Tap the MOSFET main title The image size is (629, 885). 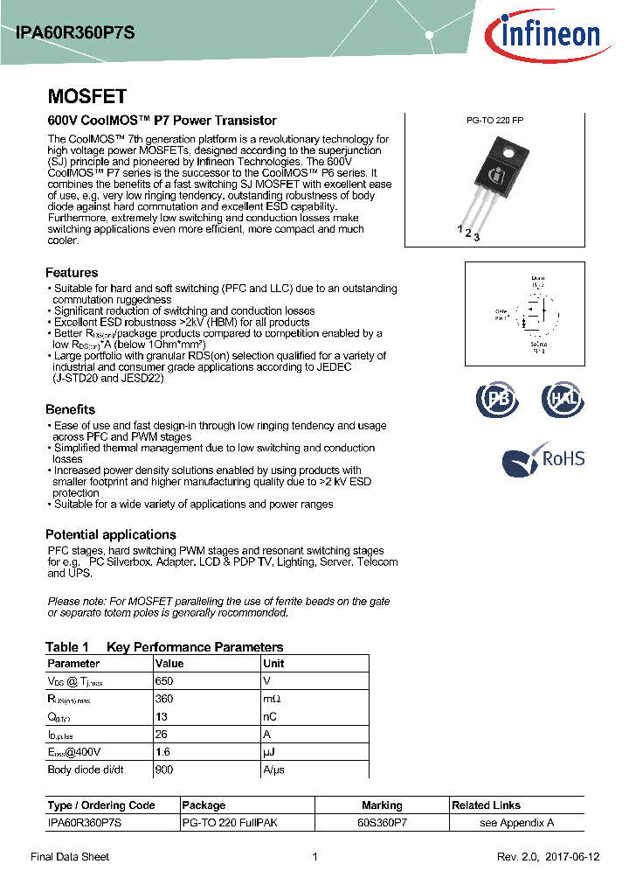[x=86, y=96]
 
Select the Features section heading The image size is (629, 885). [x=72, y=273]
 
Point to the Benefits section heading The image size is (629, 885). [x=70, y=409]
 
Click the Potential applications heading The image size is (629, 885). [x=110, y=534]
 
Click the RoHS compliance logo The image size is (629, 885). [x=543, y=459]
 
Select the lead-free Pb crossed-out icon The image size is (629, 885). [x=496, y=400]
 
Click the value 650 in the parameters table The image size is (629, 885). [x=163, y=680]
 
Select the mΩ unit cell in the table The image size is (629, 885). [x=272, y=699]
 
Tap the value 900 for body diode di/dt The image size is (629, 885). [x=163, y=770]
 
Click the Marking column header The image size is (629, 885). [x=382, y=805]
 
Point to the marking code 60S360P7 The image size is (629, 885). [x=382, y=823]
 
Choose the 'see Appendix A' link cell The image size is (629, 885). [x=516, y=823]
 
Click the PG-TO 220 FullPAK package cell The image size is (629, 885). [x=230, y=823]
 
